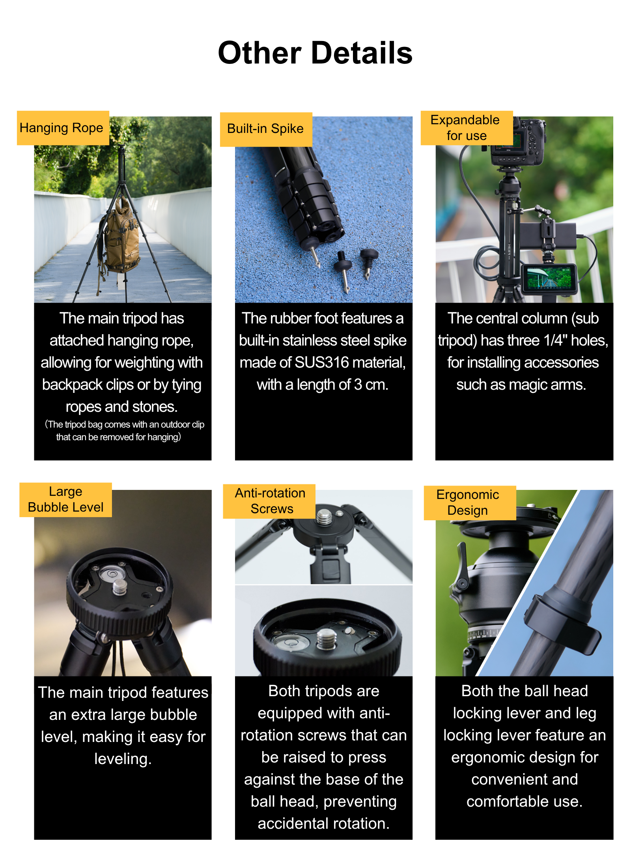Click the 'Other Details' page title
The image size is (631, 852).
pos(315,53)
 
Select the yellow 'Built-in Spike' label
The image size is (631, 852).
pos(266,129)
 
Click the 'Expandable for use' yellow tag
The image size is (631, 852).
pos(467,128)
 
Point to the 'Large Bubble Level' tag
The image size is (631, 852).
pos(65,499)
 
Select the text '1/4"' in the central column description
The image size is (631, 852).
pos(555,340)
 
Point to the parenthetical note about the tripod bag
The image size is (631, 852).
pos(124,431)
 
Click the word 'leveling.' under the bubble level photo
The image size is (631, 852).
pos(123,759)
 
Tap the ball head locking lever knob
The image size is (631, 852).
pos(461,568)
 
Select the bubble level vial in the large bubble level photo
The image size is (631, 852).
pos(112,573)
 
